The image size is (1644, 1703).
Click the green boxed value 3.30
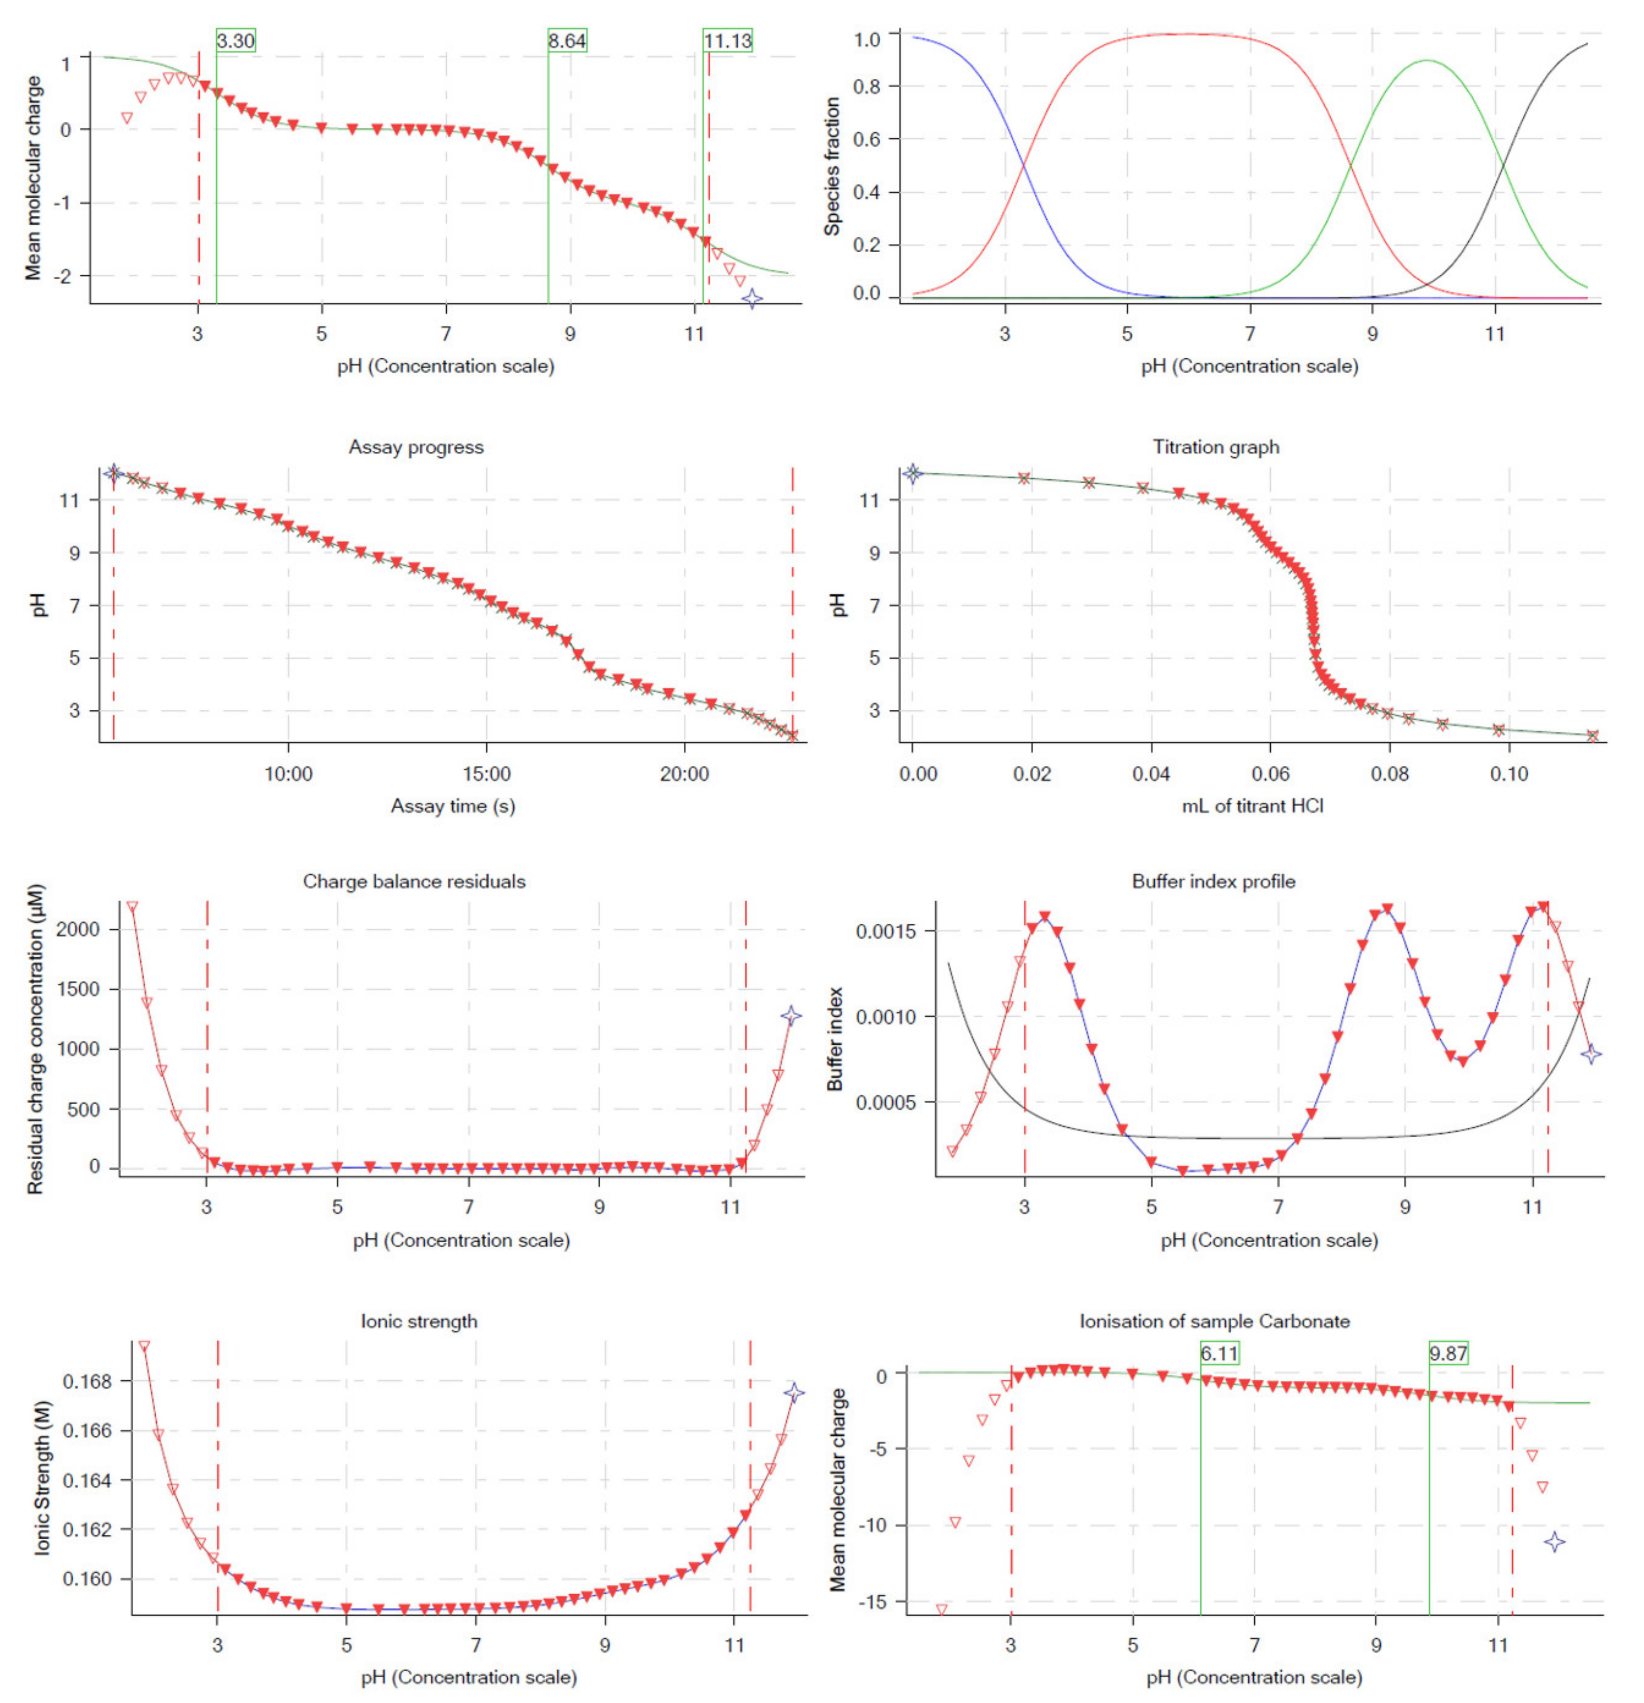click(x=236, y=41)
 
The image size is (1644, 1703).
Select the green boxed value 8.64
click(x=566, y=41)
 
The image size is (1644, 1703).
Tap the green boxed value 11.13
click(x=727, y=41)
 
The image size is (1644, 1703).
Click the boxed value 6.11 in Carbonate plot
click(x=1219, y=1353)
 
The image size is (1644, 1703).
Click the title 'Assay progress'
click(x=416, y=447)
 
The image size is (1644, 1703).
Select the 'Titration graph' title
click(x=1216, y=447)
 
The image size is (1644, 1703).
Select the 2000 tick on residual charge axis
click(x=78, y=929)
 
